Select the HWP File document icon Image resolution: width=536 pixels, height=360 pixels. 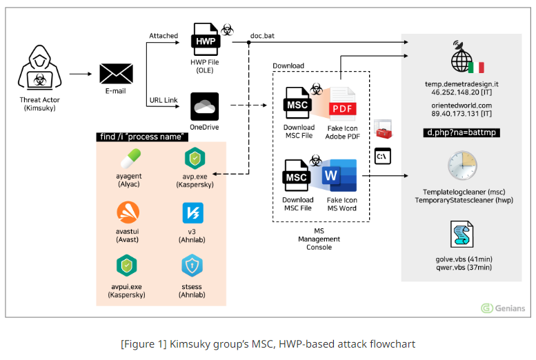(x=204, y=42)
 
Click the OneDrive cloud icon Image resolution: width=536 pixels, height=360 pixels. (x=204, y=106)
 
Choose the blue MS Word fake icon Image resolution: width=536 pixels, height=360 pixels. (x=339, y=177)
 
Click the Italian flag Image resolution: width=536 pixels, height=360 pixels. (x=476, y=67)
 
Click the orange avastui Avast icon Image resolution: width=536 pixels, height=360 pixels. (x=126, y=213)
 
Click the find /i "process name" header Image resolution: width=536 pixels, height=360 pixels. (x=143, y=137)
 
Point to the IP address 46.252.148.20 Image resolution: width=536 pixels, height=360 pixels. (x=455, y=92)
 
